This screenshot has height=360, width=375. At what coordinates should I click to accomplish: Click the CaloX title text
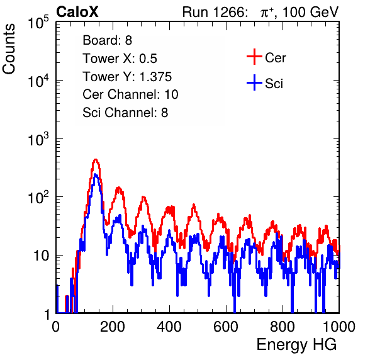[x=77, y=12]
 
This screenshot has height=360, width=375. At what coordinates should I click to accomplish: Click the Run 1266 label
[x=215, y=12]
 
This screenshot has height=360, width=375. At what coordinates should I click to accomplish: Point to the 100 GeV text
[x=311, y=12]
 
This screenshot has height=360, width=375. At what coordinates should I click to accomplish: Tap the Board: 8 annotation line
[x=108, y=40]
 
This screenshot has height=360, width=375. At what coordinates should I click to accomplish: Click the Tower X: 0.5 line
[x=120, y=59]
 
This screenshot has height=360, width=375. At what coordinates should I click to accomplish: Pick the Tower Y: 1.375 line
[x=127, y=77]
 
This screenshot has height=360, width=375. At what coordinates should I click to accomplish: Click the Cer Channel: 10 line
[x=131, y=94]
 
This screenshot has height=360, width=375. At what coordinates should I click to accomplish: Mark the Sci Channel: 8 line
[x=125, y=113]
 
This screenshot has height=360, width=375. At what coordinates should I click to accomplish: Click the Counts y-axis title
[x=9, y=49]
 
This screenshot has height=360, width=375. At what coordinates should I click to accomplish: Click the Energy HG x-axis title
[x=296, y=345]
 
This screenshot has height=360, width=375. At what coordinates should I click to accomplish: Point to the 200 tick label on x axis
[x=113, y=327]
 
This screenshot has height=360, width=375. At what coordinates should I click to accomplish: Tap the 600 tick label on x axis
[x=226, y=327]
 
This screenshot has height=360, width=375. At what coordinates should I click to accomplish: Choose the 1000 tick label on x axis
[x=339, y=327]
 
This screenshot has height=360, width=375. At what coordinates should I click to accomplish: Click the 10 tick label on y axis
[x=42, y=256]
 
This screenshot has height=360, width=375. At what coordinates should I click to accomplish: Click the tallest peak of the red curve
[x=96, y=159]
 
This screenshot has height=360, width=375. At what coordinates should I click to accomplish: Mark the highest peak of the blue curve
[x=96, y=174]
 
